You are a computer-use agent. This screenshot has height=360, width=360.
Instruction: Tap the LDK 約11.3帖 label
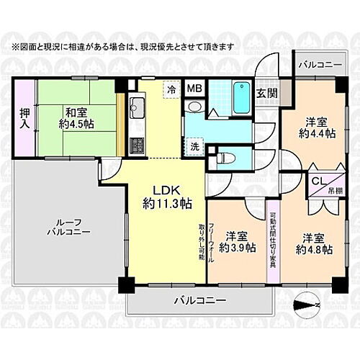(166, 197)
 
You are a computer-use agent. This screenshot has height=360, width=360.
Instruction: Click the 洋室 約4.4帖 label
(317, 127)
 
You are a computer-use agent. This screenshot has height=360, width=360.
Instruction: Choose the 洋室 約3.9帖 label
(238, 242)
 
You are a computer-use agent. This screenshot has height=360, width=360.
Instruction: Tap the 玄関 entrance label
(267, 91)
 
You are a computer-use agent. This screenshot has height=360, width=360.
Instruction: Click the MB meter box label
(194, 89)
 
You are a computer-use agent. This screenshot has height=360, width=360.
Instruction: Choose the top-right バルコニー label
(321, 65)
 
